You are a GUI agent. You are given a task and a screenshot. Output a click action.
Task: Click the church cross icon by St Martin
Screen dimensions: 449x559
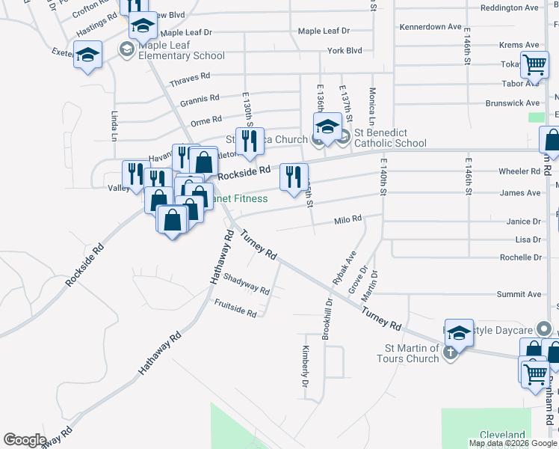pyautogui.click(x=449, y=353)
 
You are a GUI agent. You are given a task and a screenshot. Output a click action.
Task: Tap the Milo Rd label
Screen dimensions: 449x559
pyautogui.click(x=348, y=219)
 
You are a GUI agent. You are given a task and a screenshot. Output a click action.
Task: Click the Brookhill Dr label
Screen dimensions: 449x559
pyautogui.click(x=327, y=320)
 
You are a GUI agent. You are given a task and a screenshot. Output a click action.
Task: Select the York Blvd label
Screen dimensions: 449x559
pyautogui.click(x=344, y=51)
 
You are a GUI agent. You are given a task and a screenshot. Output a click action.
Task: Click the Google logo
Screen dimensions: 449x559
pyautogui.click(x=25, y=440)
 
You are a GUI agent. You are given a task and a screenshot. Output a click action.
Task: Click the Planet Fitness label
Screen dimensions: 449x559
pyautogui.click(x=239, y=199)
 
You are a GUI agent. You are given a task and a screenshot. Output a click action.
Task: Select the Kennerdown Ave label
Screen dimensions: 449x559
pyautogui.click(x=430, y=27)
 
